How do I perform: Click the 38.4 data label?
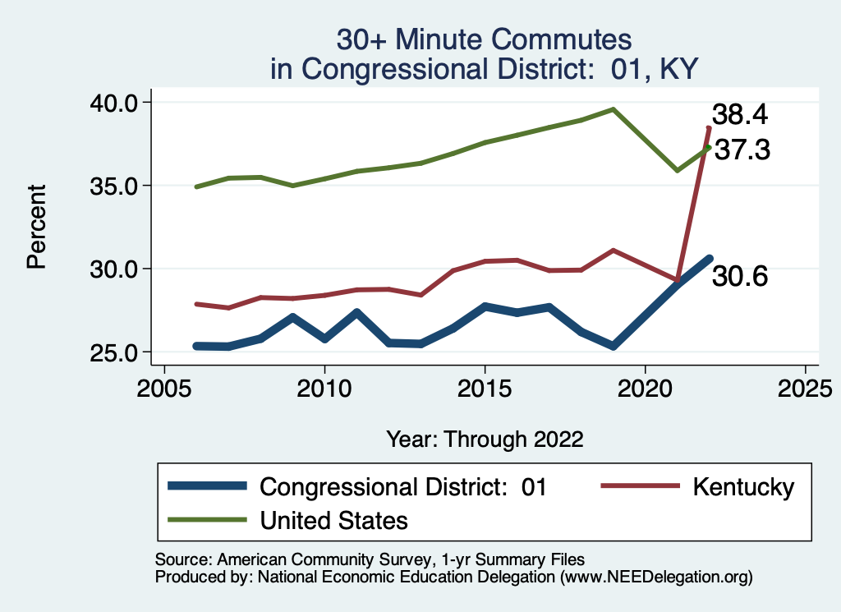click(x=739, y=114)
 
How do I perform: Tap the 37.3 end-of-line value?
click(x=742, y=150)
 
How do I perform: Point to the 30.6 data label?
click(x=739, y=277)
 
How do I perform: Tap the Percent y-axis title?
click(x=36, y=227)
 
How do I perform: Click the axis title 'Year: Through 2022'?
click(x=485, y=439)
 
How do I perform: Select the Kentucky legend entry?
click(x=743, y=486)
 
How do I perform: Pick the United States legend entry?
click(x=333, y=520)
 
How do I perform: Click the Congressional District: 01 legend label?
click(x=402, y=486)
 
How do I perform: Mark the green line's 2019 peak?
click(x=613, y=109)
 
